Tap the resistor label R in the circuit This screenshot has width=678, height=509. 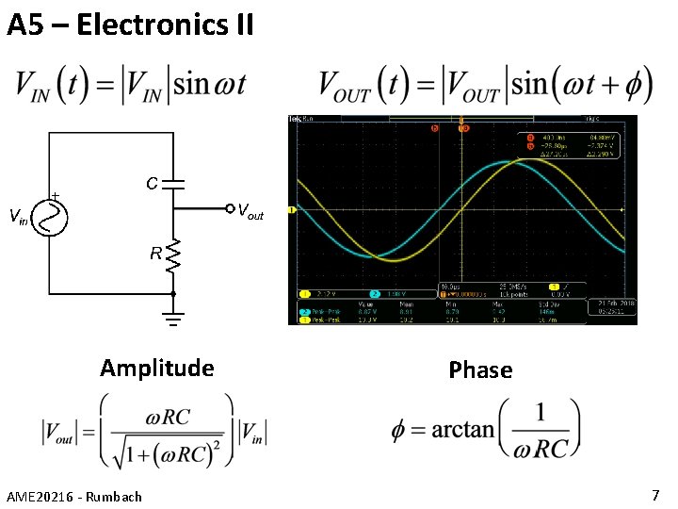tap(154, 253)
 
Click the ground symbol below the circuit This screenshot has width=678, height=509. tap(173, 320)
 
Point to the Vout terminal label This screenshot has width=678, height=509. tap(250, 211)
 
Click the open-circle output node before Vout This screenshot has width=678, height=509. tap(229, 208)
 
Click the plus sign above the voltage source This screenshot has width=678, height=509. tap(55, 195)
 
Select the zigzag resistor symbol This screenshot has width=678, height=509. tap(173, 254)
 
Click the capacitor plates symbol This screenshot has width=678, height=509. tap(174, 182)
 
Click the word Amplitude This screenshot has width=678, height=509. tap(157, 368)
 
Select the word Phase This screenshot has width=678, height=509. tap(480, 369)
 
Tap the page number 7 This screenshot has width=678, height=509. tap(655, 495)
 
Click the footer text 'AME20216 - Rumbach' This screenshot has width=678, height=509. tap(74, 496)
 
